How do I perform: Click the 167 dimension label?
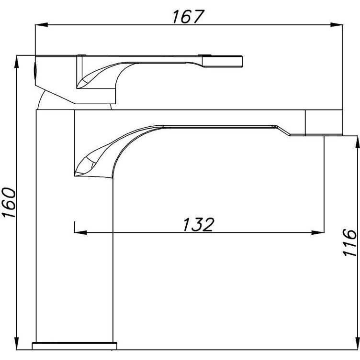click(x=188, y=17)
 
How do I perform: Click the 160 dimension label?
click(x=9, y=203)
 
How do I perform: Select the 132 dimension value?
click(x=199, y=224)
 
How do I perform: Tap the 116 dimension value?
click(x=349, y=242)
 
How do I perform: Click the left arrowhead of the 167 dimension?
click(x=41, y=25)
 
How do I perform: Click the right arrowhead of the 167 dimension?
click(x=337, y=25)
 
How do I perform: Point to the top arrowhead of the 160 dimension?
click(x=16, y=62)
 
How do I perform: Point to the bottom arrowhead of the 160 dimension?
click(x=16, y=343)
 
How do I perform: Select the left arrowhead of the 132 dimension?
click(x=81, y=232)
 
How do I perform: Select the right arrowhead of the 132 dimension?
click(x=318, y=232)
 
